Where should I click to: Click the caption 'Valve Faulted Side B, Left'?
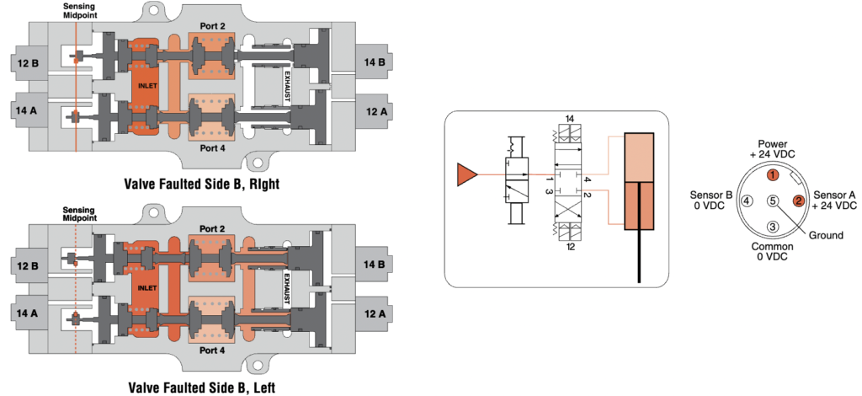[200, 388]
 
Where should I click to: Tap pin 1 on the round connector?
[772, 175]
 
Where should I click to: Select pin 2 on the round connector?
[799, 201]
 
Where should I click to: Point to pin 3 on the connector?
[772, 227]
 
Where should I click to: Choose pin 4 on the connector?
[746, 201]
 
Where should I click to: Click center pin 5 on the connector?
[772, 201]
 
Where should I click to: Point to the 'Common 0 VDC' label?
[772, 251]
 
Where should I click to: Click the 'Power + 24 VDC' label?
[772, 149]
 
